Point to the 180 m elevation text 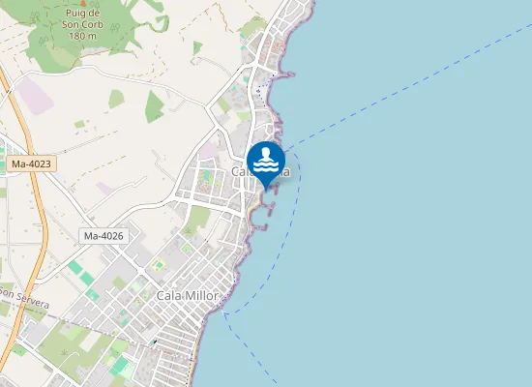83,36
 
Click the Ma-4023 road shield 31,165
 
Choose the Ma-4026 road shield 104,236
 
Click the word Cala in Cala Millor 169,294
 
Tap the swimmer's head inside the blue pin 266,151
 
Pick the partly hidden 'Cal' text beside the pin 241,171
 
